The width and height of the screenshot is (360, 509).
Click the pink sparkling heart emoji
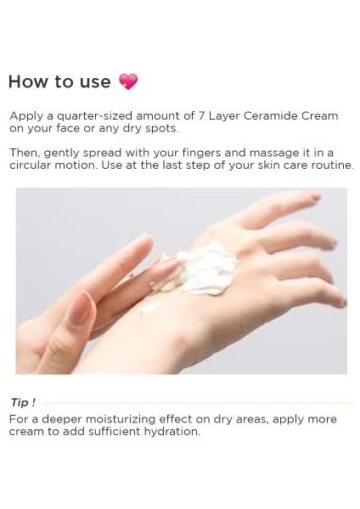(x=128, y=81)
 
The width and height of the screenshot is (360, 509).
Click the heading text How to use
(x=59, y=82)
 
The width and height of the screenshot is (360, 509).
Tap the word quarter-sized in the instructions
(x=84, y=115)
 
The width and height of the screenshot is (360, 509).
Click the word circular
(x=30, y=165)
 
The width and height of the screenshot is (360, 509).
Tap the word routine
(x=331, y=165)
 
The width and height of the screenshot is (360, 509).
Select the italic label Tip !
(x=23, y=402)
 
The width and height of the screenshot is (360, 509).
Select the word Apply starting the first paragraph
(x=25, y=115)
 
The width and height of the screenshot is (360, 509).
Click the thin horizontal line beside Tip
(x=195, y=403)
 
